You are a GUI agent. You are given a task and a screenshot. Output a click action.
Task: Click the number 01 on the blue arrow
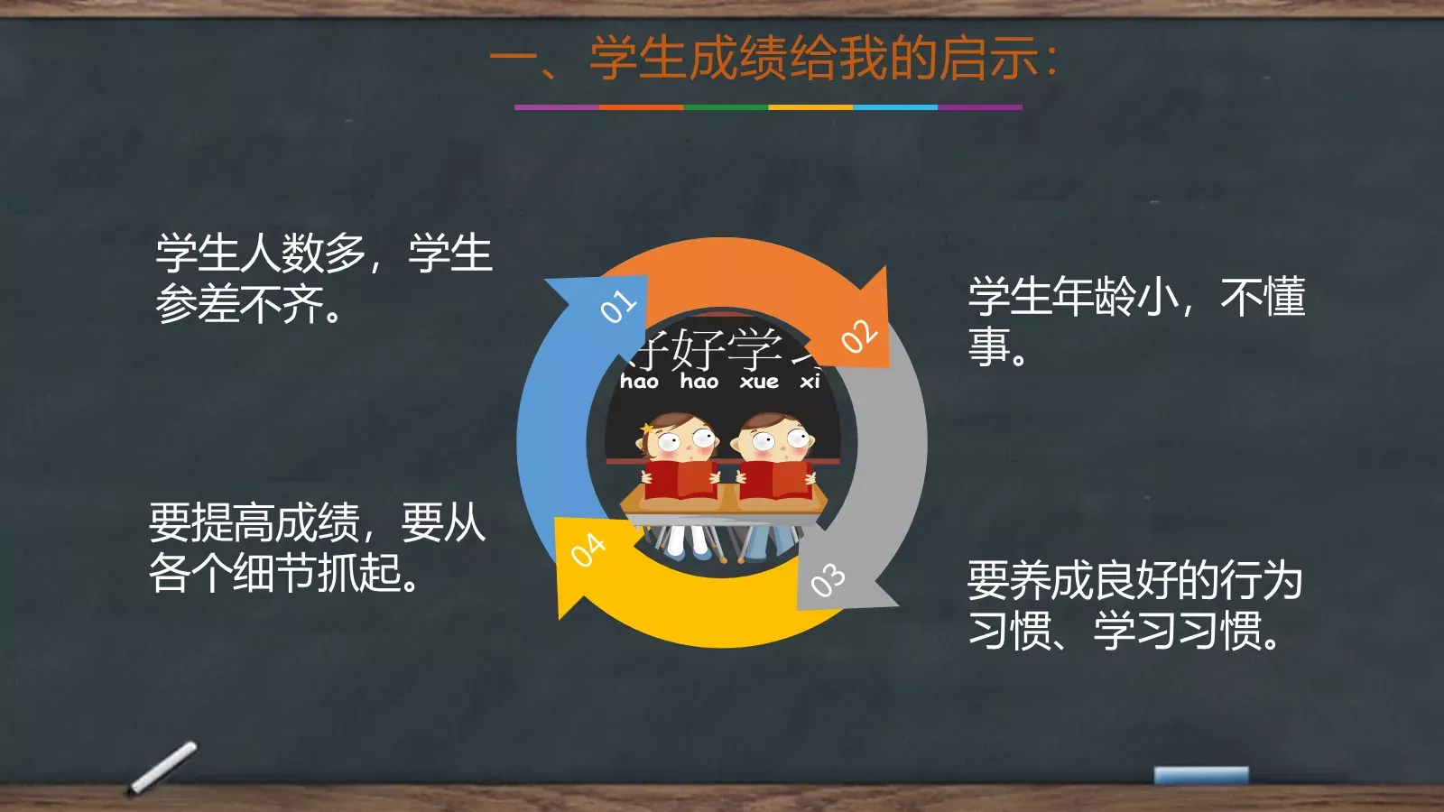[x=618, y=307]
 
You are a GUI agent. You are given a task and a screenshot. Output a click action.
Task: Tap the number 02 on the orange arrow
[x=858, y=337]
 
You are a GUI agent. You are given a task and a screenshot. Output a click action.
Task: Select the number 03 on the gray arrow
[x=828, y=580]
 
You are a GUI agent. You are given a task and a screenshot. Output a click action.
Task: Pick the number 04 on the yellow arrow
[x=588, y=549]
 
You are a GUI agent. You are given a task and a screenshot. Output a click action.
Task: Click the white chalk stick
[x=163, y=767]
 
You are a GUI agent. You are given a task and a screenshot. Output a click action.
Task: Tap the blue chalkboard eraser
[x=1201, y=775]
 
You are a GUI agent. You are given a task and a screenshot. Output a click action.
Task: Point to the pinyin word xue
[x=759, y=382]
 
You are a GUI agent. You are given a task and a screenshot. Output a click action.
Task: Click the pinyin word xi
[x=810, y=382]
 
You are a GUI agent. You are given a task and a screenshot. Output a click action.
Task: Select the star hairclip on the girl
[x=647, y=429]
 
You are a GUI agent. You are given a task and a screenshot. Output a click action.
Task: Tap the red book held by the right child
[x=774, y=479]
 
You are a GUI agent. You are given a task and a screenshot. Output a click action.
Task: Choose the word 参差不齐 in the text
[x=240, y=304]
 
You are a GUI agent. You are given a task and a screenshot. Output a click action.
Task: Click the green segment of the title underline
[x=726, y=107]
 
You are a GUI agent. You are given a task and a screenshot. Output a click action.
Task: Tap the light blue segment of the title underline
[x=895, y=107]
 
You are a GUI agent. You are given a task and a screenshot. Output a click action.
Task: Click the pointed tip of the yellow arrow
[x=560, y=617]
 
